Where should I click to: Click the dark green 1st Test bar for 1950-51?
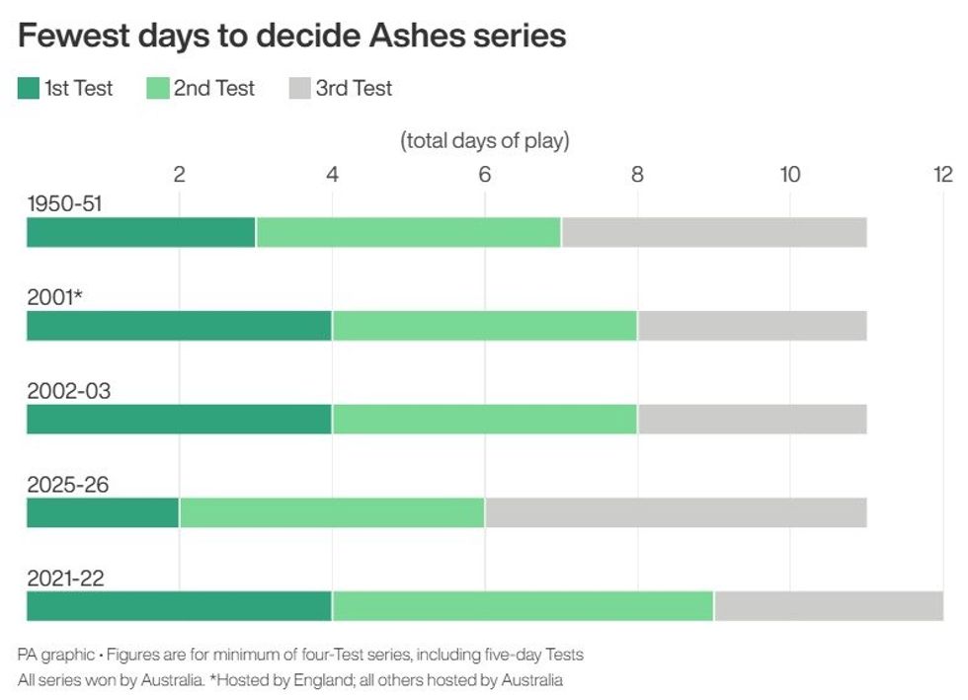[140, 232]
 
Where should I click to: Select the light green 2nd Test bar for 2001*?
[484, 326]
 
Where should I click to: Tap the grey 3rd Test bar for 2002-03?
[752, 420]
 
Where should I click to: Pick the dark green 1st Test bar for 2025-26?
[103, 513]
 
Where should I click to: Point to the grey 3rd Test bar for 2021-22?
[828, 606]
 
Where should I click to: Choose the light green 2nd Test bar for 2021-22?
[523, 606]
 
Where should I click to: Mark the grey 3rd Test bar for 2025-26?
[676, 513]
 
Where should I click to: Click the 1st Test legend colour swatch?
[29, 89]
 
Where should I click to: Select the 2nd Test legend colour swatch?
[158, 89]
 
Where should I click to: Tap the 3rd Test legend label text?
[354, 89]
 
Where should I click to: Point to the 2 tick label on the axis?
[179, 175]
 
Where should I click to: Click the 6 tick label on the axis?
[484, 175]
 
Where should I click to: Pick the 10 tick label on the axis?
[789, 175]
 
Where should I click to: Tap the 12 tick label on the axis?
[942, 175]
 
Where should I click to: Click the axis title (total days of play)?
[485, 140]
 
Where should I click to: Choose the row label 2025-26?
[67, 485]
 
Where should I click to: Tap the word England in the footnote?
[324, 680]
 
